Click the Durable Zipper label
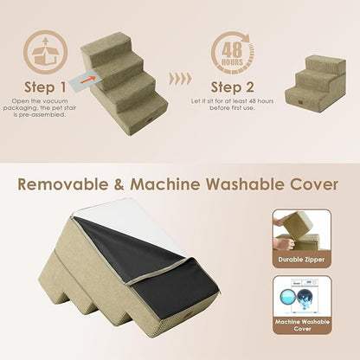(300, 259)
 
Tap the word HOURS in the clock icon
(230, 61)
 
